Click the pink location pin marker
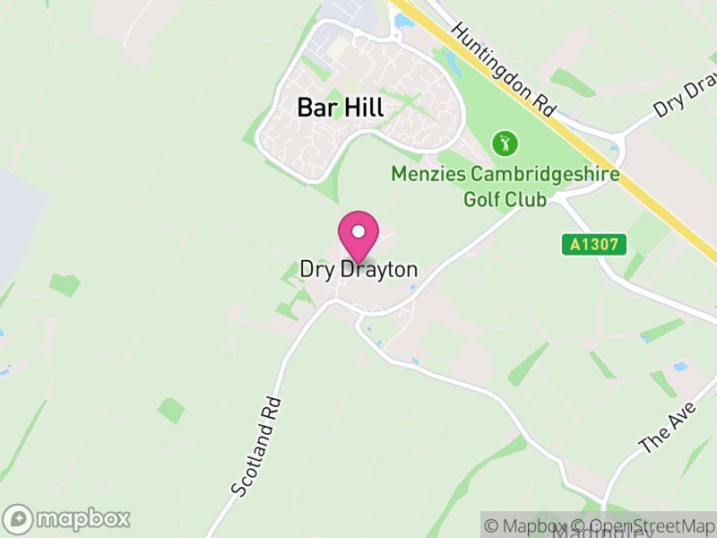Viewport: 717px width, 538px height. [358, 236]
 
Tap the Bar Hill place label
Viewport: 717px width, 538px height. [340, 108]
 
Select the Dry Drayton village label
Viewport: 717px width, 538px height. [358, 269]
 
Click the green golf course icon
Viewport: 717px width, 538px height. [505, 143]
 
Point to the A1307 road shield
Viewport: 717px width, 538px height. [594, 243]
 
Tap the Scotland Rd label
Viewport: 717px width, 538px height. [256, 447]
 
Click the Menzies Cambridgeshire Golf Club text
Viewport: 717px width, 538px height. [505, 186]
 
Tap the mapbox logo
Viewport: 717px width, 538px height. [68, 518]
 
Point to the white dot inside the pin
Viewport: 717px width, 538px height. [358, 230]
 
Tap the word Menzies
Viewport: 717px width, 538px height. [424, 174]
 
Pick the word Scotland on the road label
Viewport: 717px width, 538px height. [252, 459]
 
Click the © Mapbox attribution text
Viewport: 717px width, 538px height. [532, 526]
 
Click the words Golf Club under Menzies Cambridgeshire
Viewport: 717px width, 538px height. [505, 198]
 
